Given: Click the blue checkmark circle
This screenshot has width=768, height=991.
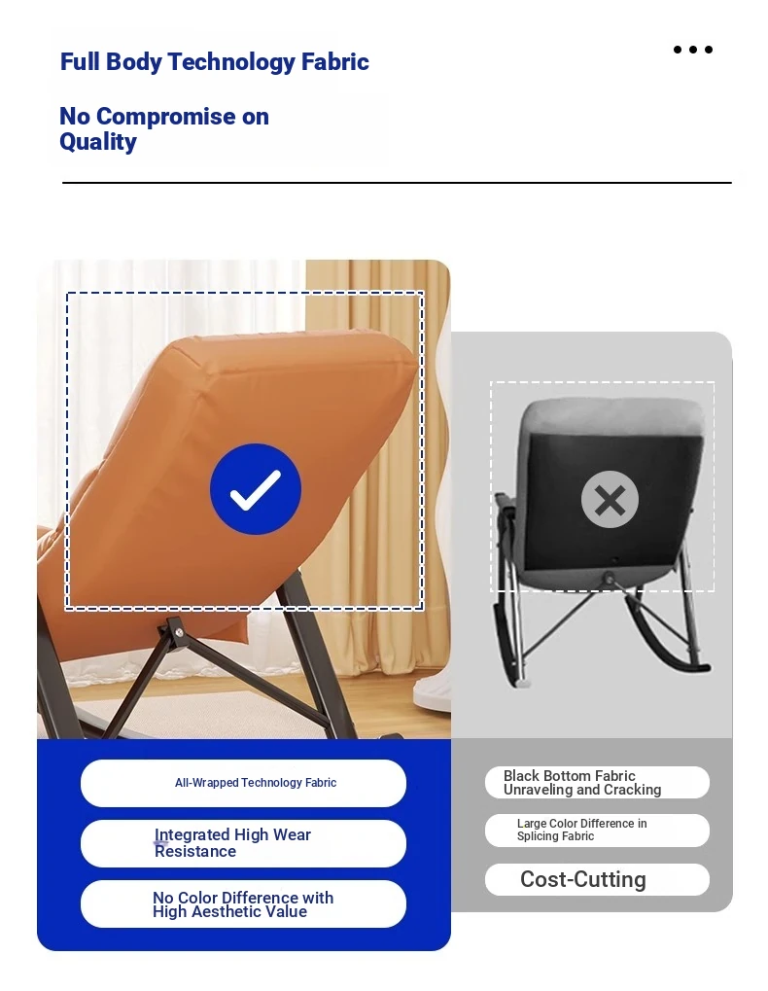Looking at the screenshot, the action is pyautogui.click(x=255, y=489).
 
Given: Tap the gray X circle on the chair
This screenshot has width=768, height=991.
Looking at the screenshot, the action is pyautogui.click(x=610, y=499).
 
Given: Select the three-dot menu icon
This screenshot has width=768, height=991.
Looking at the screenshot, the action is pyautogui.click(x=693, y=50).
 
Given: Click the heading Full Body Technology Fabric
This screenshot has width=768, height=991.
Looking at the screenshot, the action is pyautogui.click(x=214, y=62).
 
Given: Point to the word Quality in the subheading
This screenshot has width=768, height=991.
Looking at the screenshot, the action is pyautogui.click(x=98, y=142).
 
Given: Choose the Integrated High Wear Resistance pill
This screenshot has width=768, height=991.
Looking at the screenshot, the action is pyautogui.click(x=243, y=843).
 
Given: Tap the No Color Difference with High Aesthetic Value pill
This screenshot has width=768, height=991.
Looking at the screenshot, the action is pyautogui.click(x=243, y=903).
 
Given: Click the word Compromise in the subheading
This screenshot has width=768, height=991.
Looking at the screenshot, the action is pyautogui.click(x=165, y=117).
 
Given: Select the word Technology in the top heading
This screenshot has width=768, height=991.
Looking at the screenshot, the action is pyautogui.click(x=231, y=62).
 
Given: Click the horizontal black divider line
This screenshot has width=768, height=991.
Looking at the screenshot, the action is pyautogui.click(x=397, y=183).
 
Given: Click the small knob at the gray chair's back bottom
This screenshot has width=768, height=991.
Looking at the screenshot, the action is pyautogui.click(x=609, y=577).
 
